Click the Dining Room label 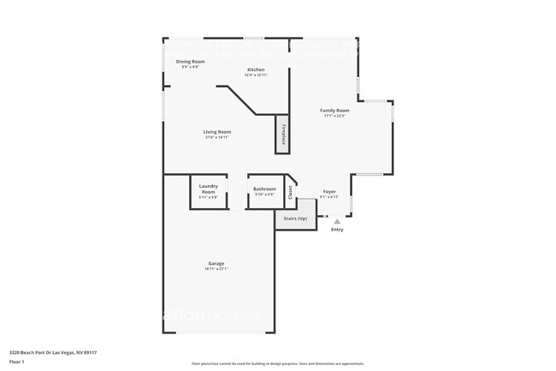pyautogui.click(x=191, y=62)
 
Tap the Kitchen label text pyautogui.click(x=256, y=69)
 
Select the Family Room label pyautogui.click(x=334, y=111)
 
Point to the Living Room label pyautogui.click(x=217, y=132)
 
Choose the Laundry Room pyautogui.click(x=208, y=191)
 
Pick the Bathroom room pyautogui.click(x=264, y=191)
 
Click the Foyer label pyautogui.click(x=329, y=191)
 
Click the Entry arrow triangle pyautogui.click(x=336, y=221)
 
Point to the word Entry pyautogui.click(x=337, y=230)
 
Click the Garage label pyautogui.click(x=216, y=263)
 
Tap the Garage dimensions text pyautogui.click(x=216, y=269)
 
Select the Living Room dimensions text pyautogui.click(x=217, y=137)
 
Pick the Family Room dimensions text pyautogui.click(x=334, y=116)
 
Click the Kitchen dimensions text pyautogui.click(x=256, y=75)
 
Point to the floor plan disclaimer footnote pyautogui.click(x=277, y=364)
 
